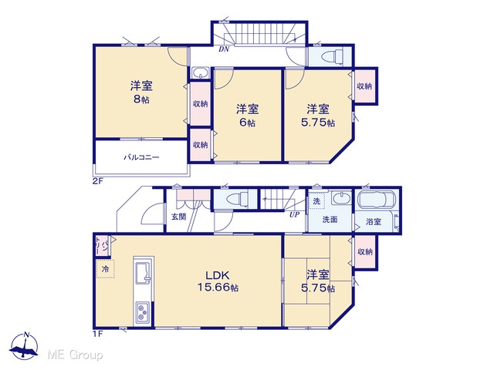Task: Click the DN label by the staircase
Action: (224, 49)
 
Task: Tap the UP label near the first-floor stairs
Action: (294, 215)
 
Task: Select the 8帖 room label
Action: (141, 99)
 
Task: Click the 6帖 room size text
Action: (247, 123)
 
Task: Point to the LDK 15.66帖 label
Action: (218, 281)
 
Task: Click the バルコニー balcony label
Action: (141, 157)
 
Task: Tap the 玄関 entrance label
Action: (178, 217)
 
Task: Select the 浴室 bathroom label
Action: (374, 221)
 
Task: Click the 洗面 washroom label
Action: (330, 220)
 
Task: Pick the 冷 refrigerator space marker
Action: (105, 269)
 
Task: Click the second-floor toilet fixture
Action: (332, 56)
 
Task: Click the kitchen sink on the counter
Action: (144, 273)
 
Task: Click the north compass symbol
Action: (24, 346)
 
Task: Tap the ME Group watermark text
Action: (75, 355)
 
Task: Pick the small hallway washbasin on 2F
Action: (200, 73)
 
